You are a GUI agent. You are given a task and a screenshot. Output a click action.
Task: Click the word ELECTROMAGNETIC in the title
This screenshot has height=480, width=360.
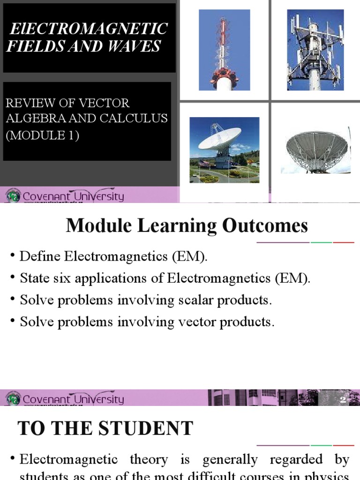click(89, 29)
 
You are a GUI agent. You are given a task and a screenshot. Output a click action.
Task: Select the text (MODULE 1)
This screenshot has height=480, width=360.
click(43, 135)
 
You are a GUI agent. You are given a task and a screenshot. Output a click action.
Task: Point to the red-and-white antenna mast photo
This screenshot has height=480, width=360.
click(224, 50)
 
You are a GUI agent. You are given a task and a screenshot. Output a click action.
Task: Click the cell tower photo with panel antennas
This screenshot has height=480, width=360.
click(315, 50)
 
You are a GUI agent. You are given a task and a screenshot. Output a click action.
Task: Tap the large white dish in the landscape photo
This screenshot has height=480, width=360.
click(219, 139)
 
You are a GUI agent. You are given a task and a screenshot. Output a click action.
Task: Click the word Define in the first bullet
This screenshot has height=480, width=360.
click(40, 256)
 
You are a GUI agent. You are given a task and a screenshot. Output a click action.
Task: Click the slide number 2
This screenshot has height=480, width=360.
click(343, 400)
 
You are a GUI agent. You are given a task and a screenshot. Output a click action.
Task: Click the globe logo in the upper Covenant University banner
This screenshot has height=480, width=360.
click(13, 195)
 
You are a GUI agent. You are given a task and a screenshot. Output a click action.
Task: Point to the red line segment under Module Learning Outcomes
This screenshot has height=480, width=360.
click(344, 242)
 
